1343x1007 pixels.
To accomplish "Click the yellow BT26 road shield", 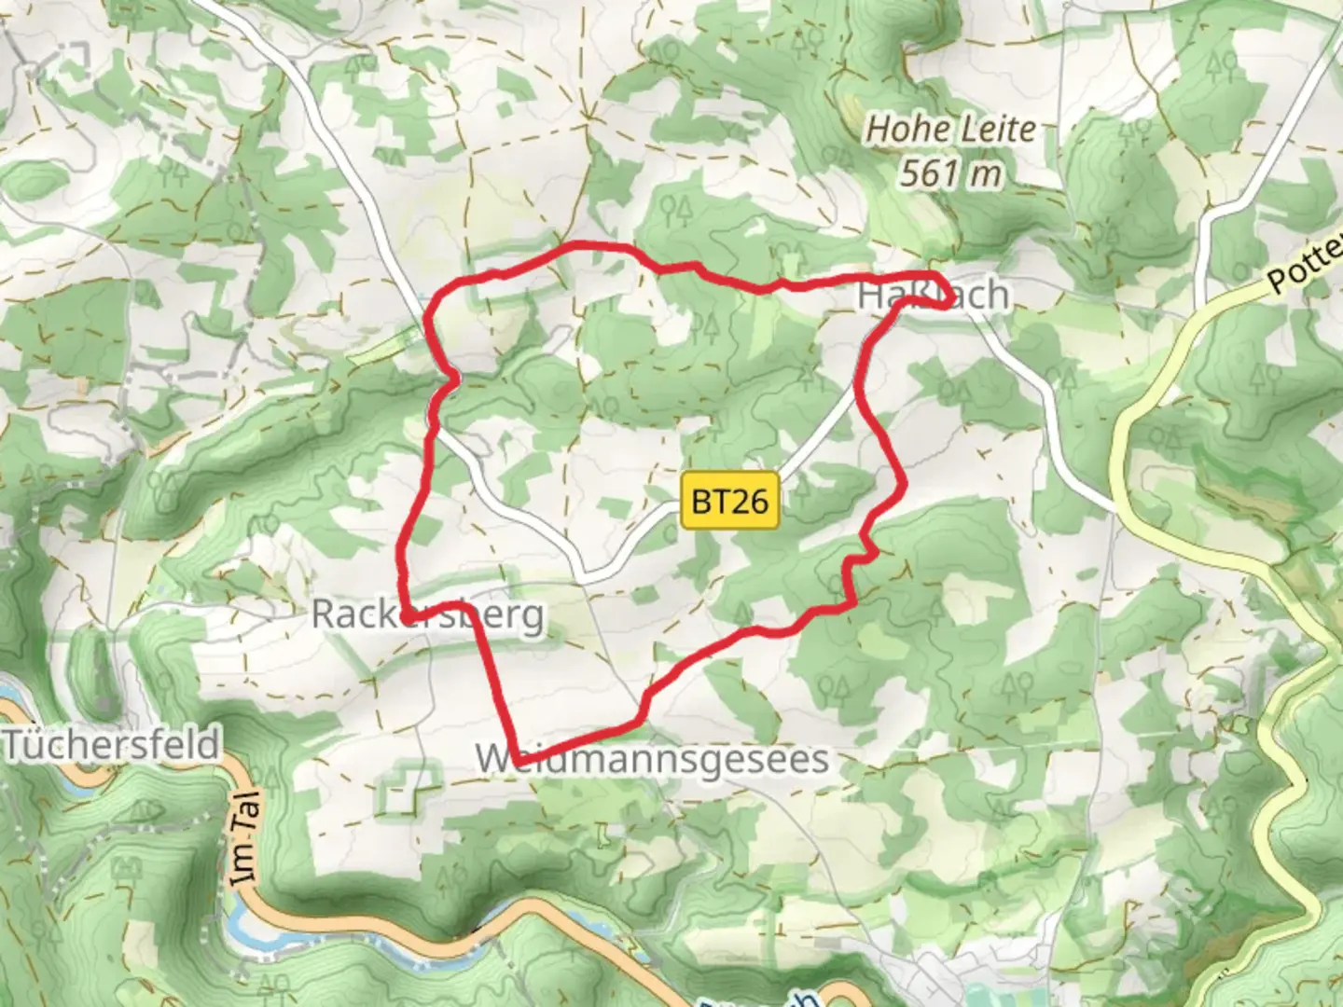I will pos(730,502).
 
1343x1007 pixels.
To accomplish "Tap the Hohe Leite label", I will pos(950,130).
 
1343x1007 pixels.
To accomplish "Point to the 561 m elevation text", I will pos(950,173).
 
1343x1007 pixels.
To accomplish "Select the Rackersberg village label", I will pos(427,614).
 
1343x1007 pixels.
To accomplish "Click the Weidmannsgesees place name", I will pos(652,759).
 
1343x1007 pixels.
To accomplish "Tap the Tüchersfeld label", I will pos(112,745).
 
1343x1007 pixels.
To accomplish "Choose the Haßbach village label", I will pos(933,296).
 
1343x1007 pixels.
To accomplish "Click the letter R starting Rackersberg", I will pos(323,614).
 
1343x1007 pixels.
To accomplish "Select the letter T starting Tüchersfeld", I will pos(15,745).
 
